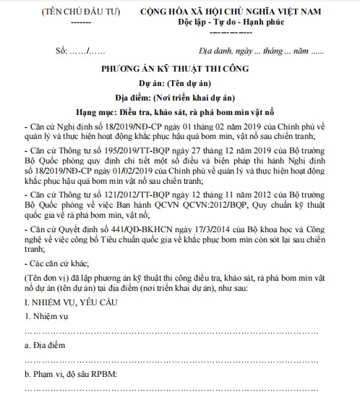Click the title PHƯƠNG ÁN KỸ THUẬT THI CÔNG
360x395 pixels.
click(x=184, y=72)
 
